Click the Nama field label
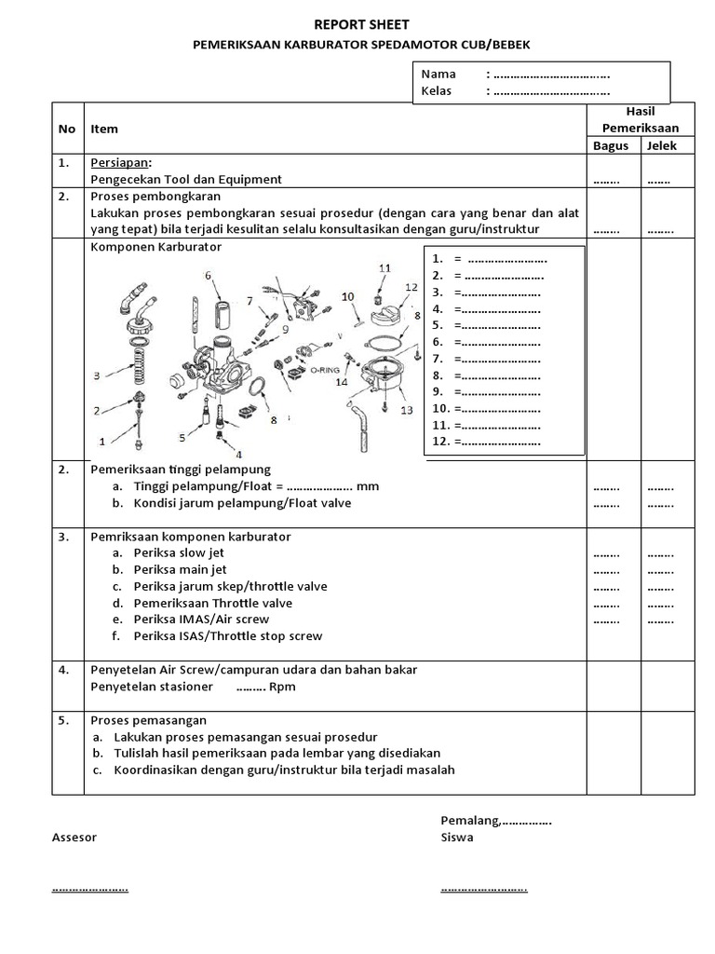tap(438, 74)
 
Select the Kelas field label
tap(437, 91)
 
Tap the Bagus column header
tap(611, 145)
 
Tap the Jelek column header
tap(662, 145)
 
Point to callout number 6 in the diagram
tap(208, 275)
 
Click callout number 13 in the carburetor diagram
tap(406, 410)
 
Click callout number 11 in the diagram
tap(384, 268)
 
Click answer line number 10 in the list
tap(487, 408)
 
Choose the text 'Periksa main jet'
tap(180, 569)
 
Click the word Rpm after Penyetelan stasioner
tap(282, 688)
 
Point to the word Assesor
tap(74, 838)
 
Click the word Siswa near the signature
tap(456, 838)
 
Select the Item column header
tap(104, 129)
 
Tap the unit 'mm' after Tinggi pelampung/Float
tap(368, 486)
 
